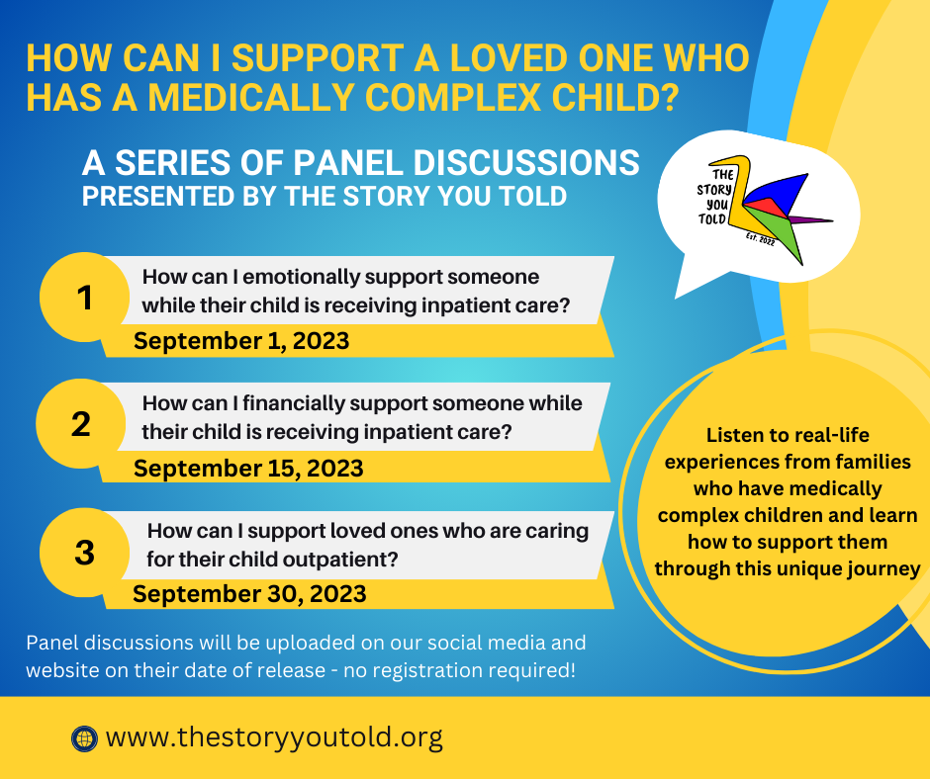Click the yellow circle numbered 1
[x=85, y=298]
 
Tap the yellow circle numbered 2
[x=81, y=424]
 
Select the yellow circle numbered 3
[x=84, y=552]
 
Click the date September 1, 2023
[x=241, y=341]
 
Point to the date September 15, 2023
[x=248, y=468]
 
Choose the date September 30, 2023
[x=249, y=593]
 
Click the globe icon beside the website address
[x=83, y=737]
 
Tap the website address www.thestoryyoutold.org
[x=273, y=737]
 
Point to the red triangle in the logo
[x=758, y=208]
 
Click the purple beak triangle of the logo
[x=813, y=218]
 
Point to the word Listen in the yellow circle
[x=737, y=435]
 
